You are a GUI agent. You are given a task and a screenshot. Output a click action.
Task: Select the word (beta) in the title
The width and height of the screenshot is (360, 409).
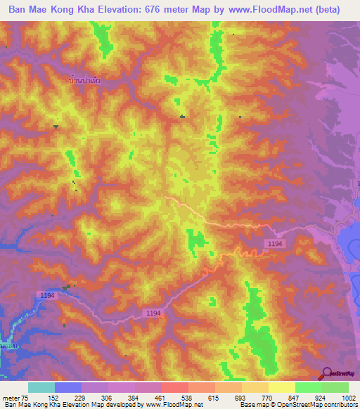[x=328, y=10]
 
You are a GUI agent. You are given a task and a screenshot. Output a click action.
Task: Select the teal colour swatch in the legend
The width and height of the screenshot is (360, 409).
[x=41, y=387]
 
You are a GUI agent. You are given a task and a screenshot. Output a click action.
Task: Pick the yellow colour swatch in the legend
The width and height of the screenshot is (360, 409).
[x=282, y=387]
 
